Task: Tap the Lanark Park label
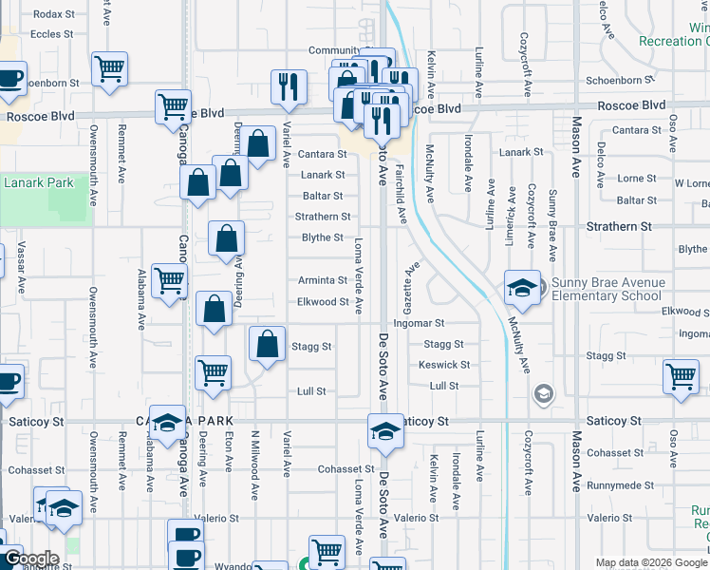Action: tap(39, 182)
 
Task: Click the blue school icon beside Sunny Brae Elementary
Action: tap(522, 290)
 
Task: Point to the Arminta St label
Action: tap(323, 280)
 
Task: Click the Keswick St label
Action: tap(444, 365)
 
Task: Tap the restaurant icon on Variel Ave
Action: tap(288, 86)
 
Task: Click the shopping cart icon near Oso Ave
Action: tap(681, 376)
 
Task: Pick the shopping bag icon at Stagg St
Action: tap(268, 345)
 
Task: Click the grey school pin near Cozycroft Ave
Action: tap(543, 393)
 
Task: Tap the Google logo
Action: tap(30, 559)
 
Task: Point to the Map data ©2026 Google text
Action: tap(652, 563)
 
